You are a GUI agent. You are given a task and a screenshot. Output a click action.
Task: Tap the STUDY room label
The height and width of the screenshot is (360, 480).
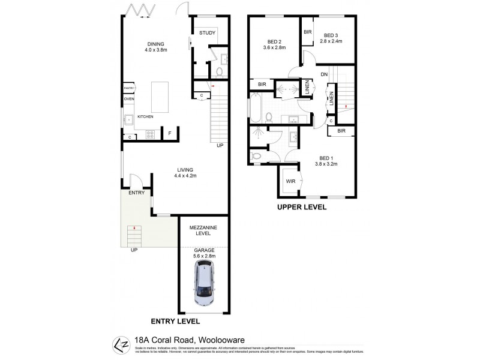[208, 33]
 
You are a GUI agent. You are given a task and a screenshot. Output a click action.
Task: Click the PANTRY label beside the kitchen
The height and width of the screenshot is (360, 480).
[128, 88]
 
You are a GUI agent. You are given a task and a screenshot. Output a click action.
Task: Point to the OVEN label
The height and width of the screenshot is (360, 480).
[129, 98]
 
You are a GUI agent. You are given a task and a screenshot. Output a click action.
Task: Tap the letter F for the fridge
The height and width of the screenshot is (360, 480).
[170, 133]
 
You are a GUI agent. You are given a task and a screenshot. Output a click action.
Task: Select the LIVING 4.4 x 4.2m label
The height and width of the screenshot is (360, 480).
[185, 173]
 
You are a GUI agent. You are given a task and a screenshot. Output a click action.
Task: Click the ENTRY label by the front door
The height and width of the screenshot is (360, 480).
[137, 193]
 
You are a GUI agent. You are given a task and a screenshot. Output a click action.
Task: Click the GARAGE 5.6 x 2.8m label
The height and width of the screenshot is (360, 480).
[203, 253]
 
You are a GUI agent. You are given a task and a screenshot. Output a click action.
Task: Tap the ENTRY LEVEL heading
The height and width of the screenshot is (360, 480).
[175, 322]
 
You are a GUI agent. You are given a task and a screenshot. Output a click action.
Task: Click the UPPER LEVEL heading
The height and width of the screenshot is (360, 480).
[301, 207]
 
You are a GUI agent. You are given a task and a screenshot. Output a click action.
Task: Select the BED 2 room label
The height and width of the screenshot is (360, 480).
[276, 44]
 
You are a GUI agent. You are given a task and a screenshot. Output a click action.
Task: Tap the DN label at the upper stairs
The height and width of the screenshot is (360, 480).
[323, 74]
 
